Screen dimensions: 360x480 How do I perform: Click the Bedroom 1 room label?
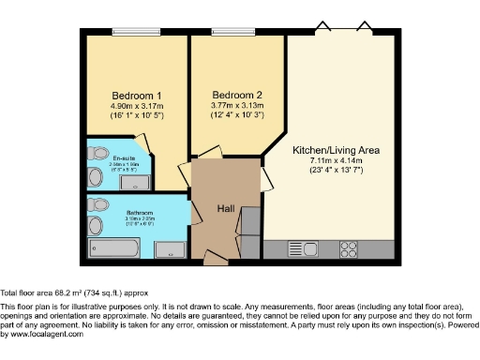[x=138, y=96]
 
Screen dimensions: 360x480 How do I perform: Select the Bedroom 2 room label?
[x=237, y=96]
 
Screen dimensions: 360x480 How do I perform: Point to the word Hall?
[x=226, y=208]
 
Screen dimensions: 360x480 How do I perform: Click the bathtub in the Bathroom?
[x=113, y=249]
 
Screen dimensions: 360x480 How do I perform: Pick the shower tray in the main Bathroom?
[x=169, y=249]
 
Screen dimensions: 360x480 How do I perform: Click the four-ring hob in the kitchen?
[x=348, y=249]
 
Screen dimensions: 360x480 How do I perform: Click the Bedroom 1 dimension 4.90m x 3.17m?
[x=138, y=108]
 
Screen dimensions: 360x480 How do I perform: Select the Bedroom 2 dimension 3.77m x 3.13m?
[x=237, y=108]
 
